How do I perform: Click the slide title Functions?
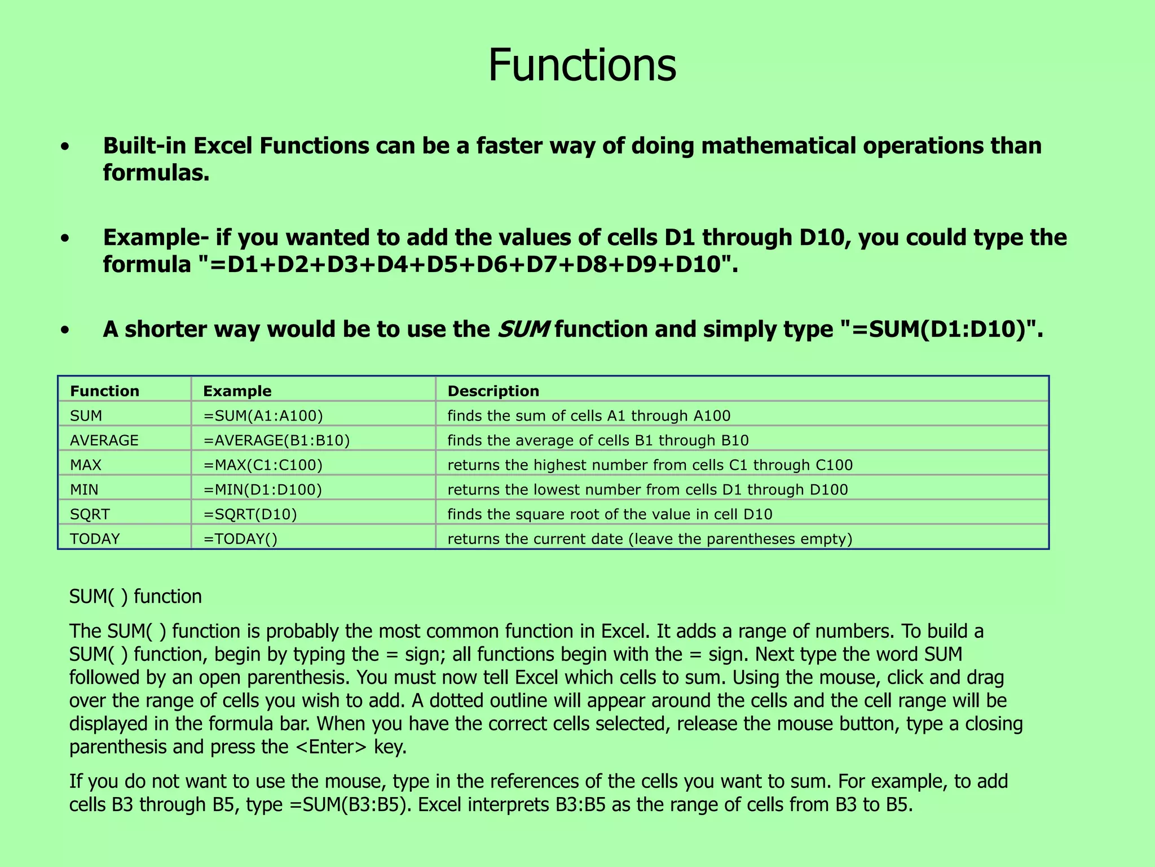coord(581,65)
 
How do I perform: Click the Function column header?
coord(104,391)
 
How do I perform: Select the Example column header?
coord(237,391)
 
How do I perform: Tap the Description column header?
coord(493,391)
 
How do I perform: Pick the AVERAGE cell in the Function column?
coord(104,440)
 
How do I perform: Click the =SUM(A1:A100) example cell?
coord(263,416)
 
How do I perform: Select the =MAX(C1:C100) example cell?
coord(263,465)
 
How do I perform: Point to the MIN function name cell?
coord(84,489)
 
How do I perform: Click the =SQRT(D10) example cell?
coord(250,514)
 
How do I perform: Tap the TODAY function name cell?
coord(95,539)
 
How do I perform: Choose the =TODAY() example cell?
coord(240,539)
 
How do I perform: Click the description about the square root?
coord(610,514)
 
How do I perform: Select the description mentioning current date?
coord(650,539)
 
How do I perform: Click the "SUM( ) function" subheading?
coord(135,597)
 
